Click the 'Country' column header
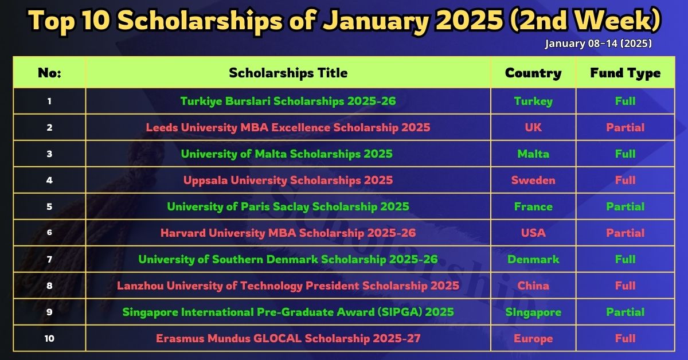533,73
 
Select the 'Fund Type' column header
626,73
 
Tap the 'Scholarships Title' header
288,73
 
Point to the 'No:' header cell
49,73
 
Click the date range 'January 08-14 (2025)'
599,44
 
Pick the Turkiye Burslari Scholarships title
288,101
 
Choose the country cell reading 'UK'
533,127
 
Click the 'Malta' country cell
533,154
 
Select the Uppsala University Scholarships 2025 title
288,181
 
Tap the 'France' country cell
533,207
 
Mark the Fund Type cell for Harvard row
626,233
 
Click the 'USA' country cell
533,233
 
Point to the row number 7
49,260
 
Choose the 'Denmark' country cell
533,260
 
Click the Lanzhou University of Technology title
288,286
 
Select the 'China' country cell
533,286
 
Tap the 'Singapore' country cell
533,312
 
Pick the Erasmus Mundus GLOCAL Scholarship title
288,338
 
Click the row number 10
49,338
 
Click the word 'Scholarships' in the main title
200,21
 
